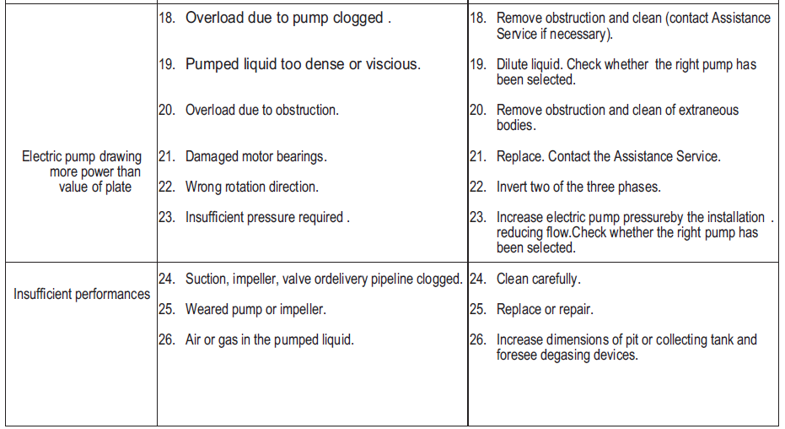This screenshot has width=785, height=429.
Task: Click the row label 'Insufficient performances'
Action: click(x=82, y=295)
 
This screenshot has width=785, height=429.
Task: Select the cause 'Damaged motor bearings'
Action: click(x=255, y=156)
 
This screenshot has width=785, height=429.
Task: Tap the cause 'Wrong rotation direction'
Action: click(x=251, y=187)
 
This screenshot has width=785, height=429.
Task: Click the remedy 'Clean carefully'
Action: click(x=538, y=279)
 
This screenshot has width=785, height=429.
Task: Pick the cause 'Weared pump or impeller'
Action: click(x=255, y=309)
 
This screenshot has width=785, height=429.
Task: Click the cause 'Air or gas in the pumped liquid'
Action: click(x=269, y=339)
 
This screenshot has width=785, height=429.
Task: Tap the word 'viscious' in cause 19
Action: click(x=392, y=64)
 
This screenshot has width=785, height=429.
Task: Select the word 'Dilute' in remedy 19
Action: click(x=513, y=64)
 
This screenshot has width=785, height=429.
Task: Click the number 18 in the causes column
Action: click(x=166, y=18)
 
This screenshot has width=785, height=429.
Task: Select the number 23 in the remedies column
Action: click(x=478, y=217)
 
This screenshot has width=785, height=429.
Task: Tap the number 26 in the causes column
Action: click(x=166, y=339)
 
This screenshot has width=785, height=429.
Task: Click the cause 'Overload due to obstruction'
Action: click(x=261, y=110)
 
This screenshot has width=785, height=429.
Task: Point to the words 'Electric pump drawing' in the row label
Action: click(x=82, y=156)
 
